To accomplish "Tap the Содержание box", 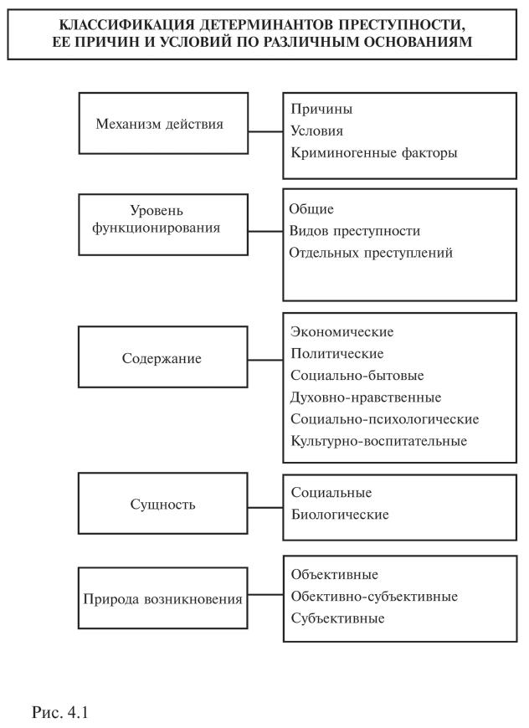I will pyautogui.click(x=164, y=358).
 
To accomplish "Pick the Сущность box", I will pyautogui.click(x=164, y=505).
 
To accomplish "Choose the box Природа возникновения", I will pyautogui.click(x=164, y=599).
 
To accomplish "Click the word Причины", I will pyautogui.click(x=321, y=110).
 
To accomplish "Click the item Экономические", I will pyautogui.click(x=342, y=331).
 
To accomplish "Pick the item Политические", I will pyautogui.click(x=337, y=353).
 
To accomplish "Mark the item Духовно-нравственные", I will pyautogui.click(x=366, y=397).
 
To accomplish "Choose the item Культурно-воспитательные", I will pyautogui.click(x=378, y=440).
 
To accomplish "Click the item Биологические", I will pyautogui.click(x=340, y=515).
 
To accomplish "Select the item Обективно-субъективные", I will pyautogui.click(x=373, y=597).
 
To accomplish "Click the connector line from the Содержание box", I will pyautogui.click(x=265, y=360).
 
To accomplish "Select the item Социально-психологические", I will pyautogui.click(x=384, y=418).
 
